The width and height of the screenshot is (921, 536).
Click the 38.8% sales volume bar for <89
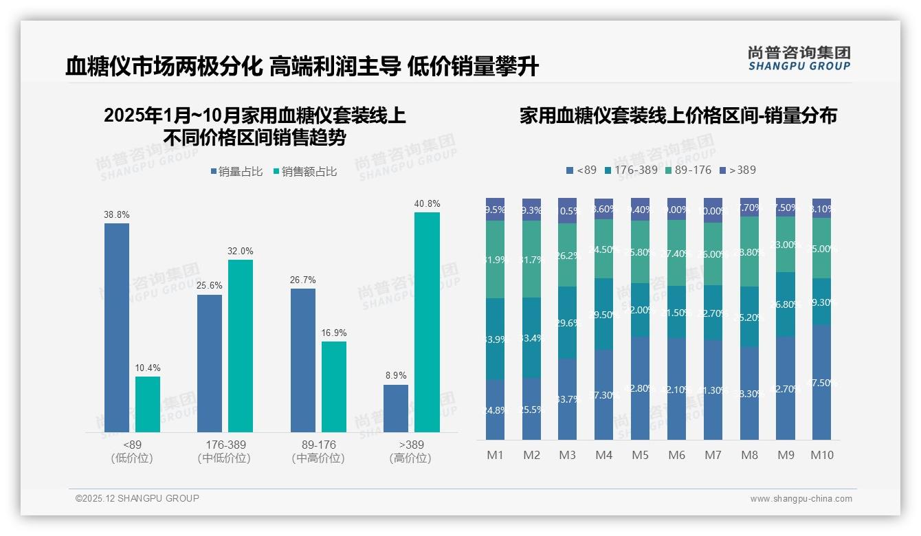point(117,327)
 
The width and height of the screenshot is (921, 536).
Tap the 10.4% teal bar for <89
point(147,404)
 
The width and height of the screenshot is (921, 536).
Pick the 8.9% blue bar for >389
point(396,408)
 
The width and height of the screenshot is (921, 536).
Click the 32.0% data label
point(240,252)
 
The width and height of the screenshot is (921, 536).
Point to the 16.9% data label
point(334,333)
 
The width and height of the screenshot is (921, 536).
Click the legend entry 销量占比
point(236,172)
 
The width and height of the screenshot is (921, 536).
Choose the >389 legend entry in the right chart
point(737,170)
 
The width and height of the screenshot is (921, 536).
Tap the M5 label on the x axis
point(640,455)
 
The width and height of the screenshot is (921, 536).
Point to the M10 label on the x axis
point(821,455)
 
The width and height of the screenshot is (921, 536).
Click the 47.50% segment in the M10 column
point(821,382)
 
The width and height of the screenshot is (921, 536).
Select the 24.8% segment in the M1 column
point(495,410)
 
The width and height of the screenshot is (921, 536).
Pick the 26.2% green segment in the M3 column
point(567,255)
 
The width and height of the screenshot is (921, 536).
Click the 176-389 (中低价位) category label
point(224,451)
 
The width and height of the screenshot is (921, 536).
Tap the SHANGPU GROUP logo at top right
point(799,58)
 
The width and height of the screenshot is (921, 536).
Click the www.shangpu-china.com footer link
point(801,499)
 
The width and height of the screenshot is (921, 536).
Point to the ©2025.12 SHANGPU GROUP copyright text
point(137,498)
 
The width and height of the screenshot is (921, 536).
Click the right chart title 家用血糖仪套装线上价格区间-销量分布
point(678,116)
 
